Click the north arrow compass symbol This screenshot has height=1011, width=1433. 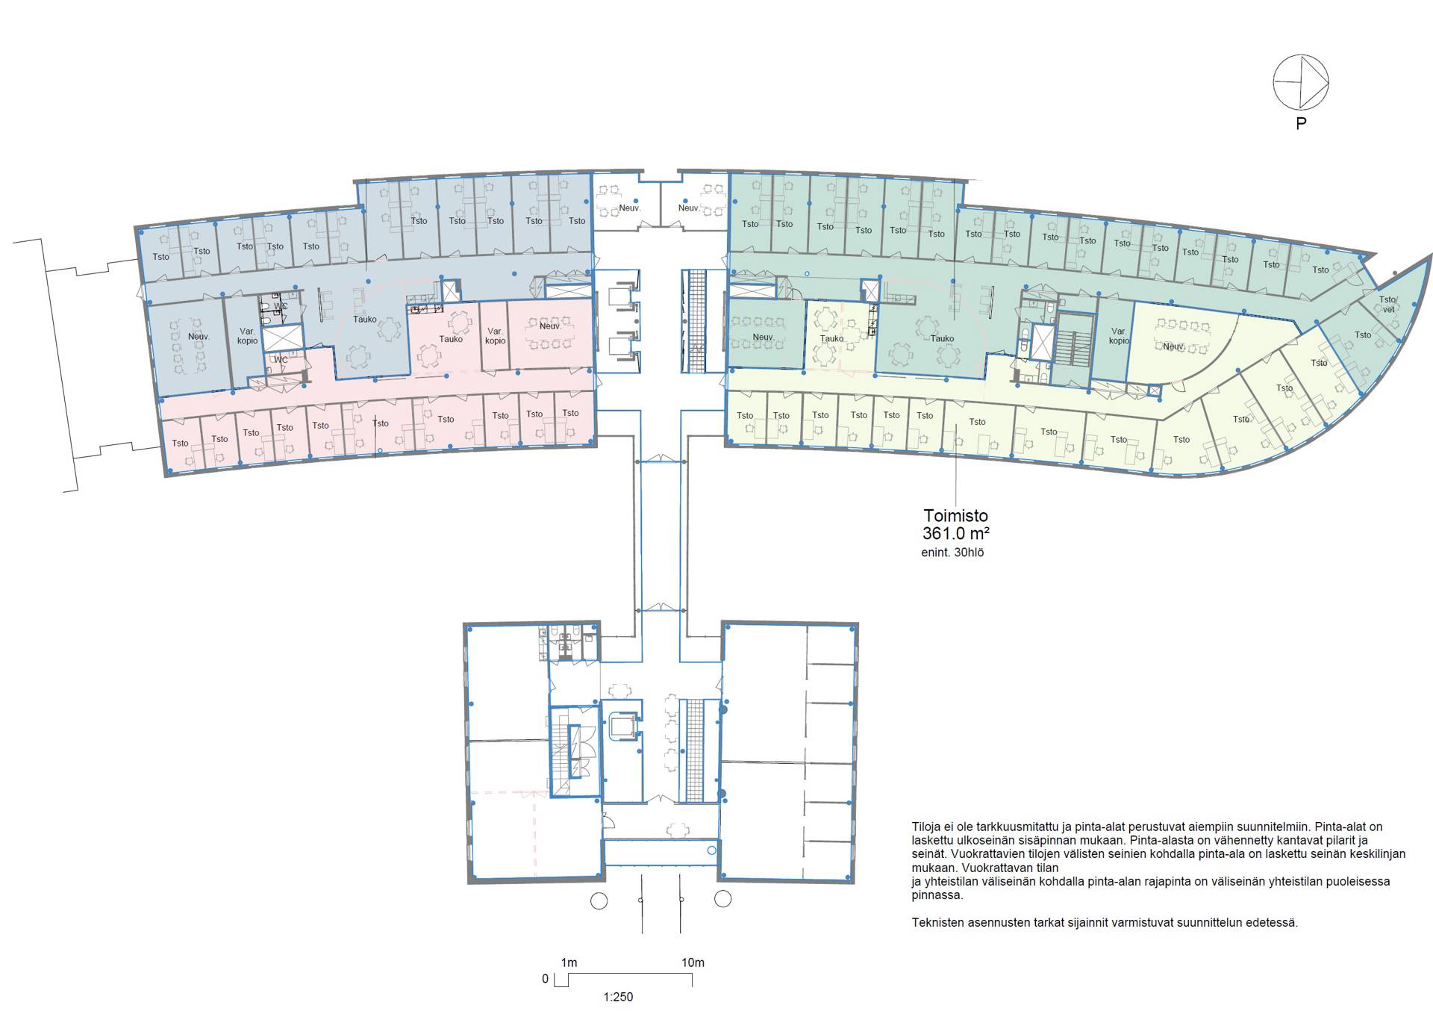click(1300, 82)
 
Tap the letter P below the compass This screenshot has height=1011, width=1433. click(1301, 124)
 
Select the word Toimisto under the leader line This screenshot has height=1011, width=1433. click(955, 515)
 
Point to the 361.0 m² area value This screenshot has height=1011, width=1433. click(955, 533)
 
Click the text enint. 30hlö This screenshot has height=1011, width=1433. click(952, 553)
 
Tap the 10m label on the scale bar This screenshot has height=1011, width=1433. click(693, 962)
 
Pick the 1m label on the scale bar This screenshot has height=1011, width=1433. click(569, 962)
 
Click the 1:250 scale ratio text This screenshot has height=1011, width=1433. click(618, 997)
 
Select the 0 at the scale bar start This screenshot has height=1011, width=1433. click(545, 979)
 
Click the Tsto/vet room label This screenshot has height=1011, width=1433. click(1387, 305)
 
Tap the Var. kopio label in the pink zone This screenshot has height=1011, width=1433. click(495, 336)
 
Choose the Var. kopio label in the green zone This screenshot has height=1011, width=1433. click(1119, 336)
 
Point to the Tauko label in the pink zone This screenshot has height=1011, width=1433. click(451, 339)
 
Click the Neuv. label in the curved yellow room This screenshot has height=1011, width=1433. click(1173, 346)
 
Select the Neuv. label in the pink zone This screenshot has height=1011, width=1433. click(550, 326)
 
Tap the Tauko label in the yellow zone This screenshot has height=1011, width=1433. click(831, 338)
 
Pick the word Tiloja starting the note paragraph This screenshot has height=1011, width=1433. click(926, 827)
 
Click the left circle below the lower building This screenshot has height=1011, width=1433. click(599, 900)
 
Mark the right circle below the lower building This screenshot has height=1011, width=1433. click(722, 898)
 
